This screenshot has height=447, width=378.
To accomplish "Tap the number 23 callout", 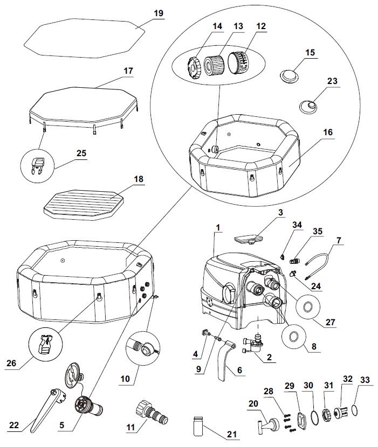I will (333, 82).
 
